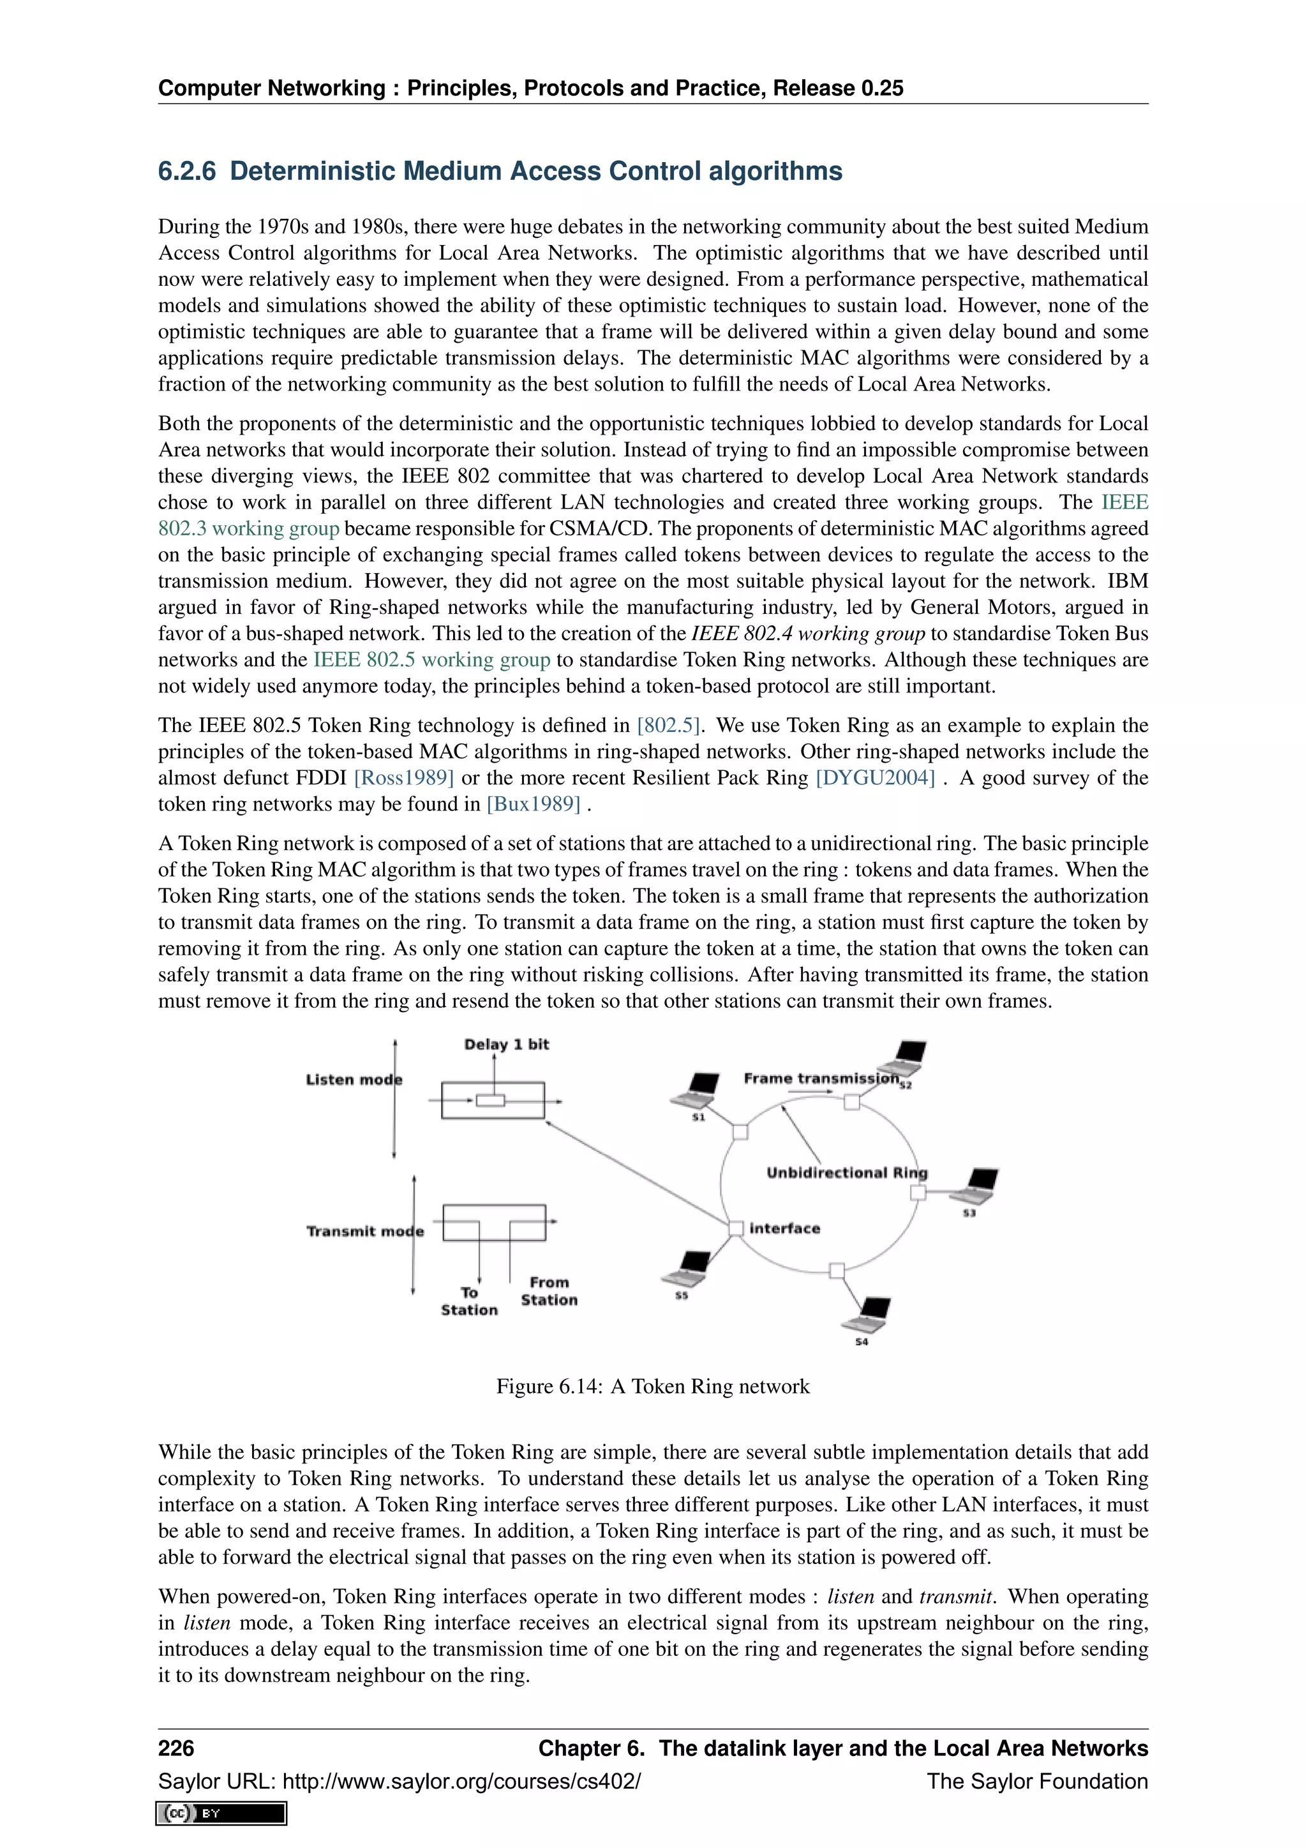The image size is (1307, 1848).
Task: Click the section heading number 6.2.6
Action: pyautogui.click(x=187, y=172)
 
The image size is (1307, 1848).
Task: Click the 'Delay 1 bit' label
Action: pyautogui.click(x=506, y=1045)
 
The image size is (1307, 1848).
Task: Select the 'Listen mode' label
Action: pyautogui.click(x=354, y=1080)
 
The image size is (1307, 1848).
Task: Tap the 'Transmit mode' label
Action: pyautogui.click(x=364, y=1232)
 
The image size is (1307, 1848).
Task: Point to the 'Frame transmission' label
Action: pyautogui.click(x=820, y=1078)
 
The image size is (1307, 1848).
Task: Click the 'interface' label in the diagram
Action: pyautogui.click(x=785, y=1228)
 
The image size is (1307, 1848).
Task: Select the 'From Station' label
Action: pyautogui.click(x=549, y=1291)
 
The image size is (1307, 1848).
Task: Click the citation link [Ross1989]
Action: pyautogui.click(x=404, y=779)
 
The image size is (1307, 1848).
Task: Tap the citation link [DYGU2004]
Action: pyautogui.click(x=876, y=779)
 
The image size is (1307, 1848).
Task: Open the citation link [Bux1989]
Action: pyautogui.click(x=534, y=804)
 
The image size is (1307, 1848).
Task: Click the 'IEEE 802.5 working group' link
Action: pyautogui.click(x=431, y=660)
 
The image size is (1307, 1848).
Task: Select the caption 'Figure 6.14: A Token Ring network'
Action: pyautogui.click(x=653, y=1386)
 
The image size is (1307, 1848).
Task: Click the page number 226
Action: pyautogui.click(x=176, y=1748)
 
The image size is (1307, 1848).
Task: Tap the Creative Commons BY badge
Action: pyautogui.click(x=221, y=1814)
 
